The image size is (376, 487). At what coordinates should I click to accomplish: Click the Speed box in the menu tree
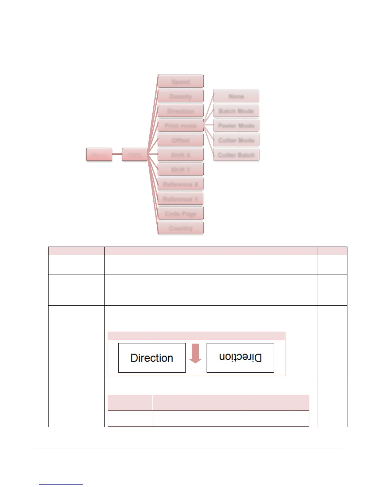click(181, 81)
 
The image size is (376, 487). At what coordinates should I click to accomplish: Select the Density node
click(181, 96)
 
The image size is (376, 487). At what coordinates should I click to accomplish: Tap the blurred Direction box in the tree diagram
click(181, 111)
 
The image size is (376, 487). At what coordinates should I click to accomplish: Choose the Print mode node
click(181, 125)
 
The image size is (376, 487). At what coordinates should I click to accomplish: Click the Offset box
click(181, 140)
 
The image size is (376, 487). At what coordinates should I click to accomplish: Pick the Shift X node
click(181, 155)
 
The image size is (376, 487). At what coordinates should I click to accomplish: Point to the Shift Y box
click(181, 169)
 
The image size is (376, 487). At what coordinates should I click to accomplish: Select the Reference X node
click(181, 184)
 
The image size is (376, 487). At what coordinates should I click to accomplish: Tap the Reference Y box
click(181, 199)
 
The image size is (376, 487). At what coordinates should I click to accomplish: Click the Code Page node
click(181, 213)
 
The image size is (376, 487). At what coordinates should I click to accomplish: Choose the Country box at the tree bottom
click(181, 228)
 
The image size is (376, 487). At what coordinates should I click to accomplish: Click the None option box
click(236, 96)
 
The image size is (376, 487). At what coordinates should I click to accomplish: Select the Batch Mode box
click(236, 111)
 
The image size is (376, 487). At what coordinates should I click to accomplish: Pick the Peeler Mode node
click(236, 125)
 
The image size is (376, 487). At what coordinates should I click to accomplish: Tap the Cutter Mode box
click(236, 140)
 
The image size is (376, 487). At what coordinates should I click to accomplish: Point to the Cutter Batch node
click(236, 155)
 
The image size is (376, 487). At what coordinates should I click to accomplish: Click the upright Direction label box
click(152, 358)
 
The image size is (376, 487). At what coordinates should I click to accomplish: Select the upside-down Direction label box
click(240, 358)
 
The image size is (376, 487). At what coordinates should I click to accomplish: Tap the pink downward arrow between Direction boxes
click(195, 354)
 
